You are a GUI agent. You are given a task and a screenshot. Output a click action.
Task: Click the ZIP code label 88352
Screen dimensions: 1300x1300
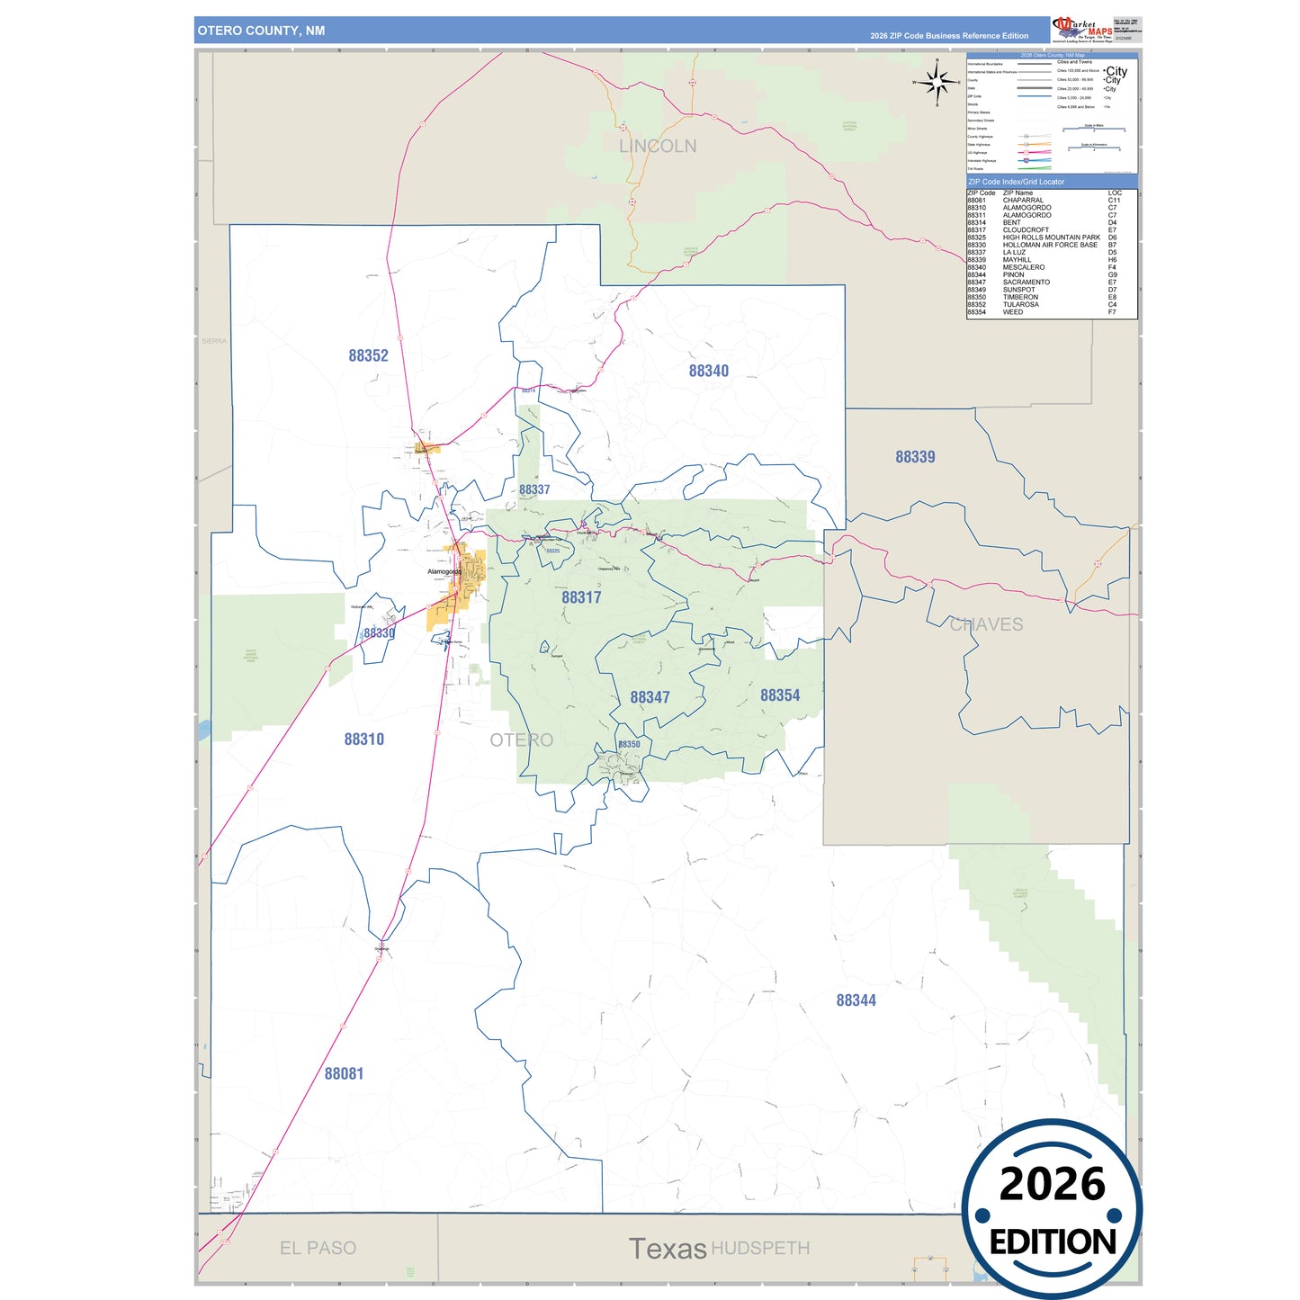click(x=368, y=355)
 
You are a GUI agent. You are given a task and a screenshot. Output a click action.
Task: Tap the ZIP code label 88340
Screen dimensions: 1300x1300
click(x=709, y=371)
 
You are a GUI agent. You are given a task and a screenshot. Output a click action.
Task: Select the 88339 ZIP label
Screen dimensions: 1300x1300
click(x=915, y=457)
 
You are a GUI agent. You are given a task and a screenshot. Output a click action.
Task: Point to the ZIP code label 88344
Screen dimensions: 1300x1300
click(x=856, y=1000)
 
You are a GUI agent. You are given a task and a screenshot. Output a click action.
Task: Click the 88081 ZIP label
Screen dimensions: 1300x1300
click(x=344, y=1073)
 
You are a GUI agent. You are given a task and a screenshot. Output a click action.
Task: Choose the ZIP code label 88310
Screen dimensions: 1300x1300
click(x=363, y=740)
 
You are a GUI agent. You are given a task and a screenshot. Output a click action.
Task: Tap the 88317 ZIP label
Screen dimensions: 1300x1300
click(x=581, y=597)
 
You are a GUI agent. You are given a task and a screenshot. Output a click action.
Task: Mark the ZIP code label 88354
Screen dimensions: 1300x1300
click(x=780, y=695)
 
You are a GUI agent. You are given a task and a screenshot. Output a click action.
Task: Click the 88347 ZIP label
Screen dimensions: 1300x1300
click(x=650, y=697)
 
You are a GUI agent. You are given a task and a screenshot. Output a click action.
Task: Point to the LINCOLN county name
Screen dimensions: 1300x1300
click(x=658, y=146)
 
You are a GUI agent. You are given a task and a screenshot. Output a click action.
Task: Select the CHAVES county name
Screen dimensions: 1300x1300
click(x=986, y=624)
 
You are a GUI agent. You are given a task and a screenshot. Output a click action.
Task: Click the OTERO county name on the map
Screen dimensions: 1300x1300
click(x=521, y=740)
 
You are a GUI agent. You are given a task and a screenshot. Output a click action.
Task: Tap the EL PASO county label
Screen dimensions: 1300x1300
click(x=318, y=1248)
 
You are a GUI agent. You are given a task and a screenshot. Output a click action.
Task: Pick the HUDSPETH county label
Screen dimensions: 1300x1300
click(x=760, y=1248)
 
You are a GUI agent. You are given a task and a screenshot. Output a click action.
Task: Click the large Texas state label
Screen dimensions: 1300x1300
click(x=668, y=1249)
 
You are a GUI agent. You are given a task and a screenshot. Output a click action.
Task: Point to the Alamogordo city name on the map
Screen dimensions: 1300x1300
click(x=444, y=571)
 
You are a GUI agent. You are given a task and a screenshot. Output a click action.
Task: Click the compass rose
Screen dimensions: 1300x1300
click(x=937, y=82)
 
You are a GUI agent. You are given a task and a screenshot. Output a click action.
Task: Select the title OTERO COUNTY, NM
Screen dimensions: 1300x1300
click(x=261, y=31)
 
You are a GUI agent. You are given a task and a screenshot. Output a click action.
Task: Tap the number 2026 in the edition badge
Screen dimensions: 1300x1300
click(x=1052, y=1184)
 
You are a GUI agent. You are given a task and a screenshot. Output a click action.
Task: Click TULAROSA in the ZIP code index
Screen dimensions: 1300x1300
click(x=1022, y=305)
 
